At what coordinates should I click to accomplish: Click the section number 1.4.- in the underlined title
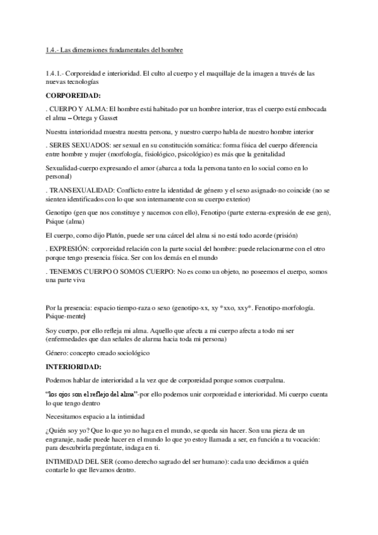click(x=54, y=50)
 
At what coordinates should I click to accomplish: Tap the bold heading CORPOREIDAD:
click(x=74, y=96)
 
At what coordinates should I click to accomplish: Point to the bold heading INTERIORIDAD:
click(x=74, y=366)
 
